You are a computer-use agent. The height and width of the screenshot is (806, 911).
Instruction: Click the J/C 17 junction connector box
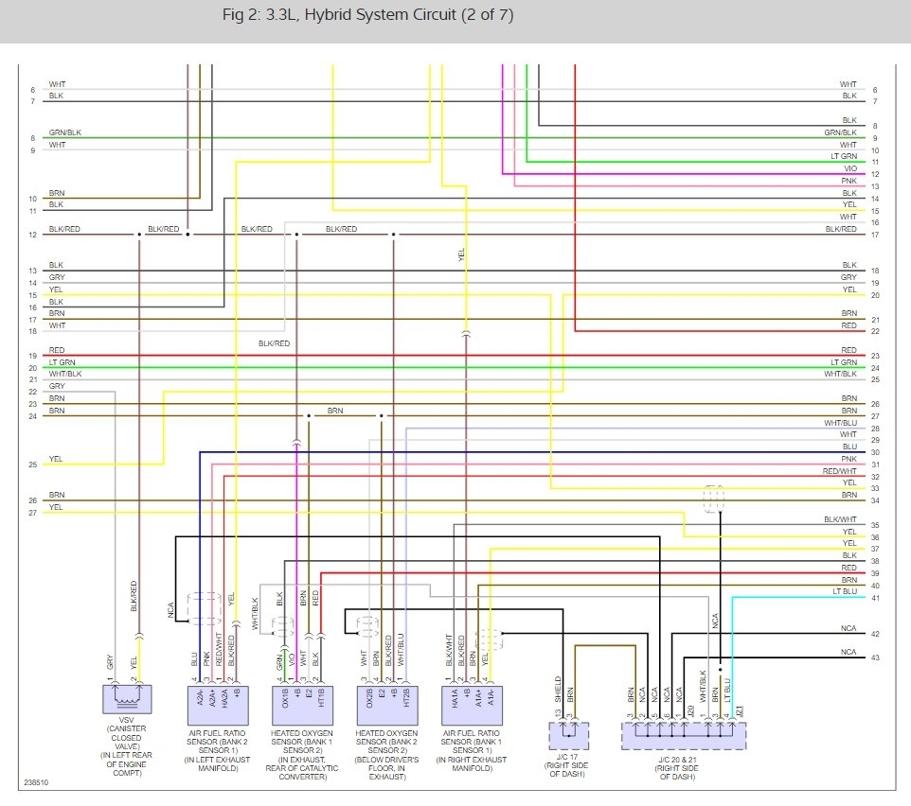pos(568,734)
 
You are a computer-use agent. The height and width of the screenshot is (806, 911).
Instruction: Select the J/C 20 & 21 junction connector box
pos(683,734)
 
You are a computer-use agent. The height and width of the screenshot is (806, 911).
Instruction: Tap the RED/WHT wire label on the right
pos(840,470)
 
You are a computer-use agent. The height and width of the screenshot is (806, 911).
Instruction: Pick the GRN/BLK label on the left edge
pos(65,133)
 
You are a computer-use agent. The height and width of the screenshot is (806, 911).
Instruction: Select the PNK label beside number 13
pos(849,180)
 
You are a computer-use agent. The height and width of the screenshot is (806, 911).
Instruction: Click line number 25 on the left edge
pos(32,464)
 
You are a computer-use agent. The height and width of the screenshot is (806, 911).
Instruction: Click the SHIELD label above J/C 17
pos(558,686)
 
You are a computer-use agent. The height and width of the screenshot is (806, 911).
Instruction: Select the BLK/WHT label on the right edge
pos(840,519)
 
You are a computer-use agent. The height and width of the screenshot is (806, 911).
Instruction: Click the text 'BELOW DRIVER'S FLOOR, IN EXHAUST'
pos(383,766)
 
